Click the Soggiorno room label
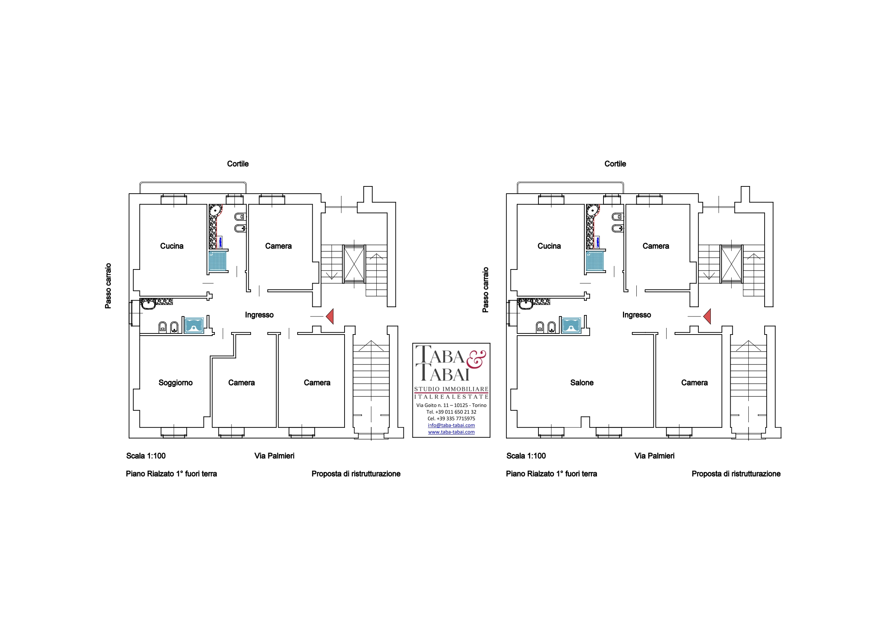click(175, 383)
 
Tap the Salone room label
click(582, 383)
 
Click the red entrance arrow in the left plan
click(330, 316)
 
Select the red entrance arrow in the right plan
click(707, 316)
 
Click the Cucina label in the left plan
click(172, 246)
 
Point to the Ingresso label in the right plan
click(636, 315)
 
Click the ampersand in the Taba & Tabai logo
click(476, 359)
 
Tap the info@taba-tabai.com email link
click(451, 425)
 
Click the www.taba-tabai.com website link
click(451, 432)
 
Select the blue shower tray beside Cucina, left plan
click(217, 261)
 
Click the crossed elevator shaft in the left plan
click(354, 264)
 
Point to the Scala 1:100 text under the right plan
click(526, 456)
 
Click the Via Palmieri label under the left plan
click(274, 456)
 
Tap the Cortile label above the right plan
click(615, 164)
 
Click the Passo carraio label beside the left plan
click(108, 286)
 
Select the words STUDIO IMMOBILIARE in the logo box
click(451, 389)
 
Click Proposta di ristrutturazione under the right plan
click(736, 474)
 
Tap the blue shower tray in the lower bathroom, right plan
click(571, 325)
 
